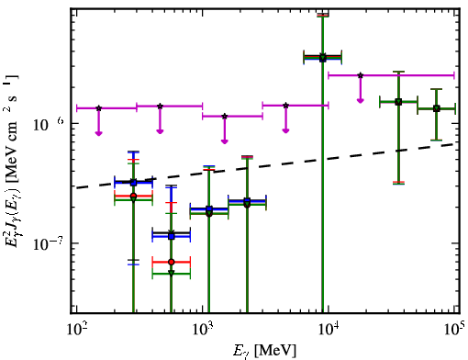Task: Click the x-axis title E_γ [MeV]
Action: point(264,351)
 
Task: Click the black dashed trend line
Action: point(267,165)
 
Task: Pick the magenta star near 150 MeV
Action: point(98,108)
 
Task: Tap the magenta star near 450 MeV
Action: point(160,107)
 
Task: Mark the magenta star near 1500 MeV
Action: point(225,117)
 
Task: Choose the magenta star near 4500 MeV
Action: point(286,106)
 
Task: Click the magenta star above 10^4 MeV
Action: point(361,75)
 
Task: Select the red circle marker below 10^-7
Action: point(172,262)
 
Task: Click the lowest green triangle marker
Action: point(172,273)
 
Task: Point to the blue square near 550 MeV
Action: point(172,236)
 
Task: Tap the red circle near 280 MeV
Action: point(133,196)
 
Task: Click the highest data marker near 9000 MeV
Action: point(323,57)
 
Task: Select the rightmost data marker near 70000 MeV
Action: point(437,108)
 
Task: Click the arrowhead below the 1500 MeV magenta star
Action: point(225,141)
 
